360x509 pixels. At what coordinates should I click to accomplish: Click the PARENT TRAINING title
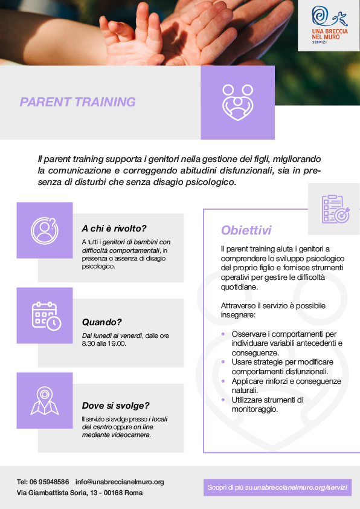77,102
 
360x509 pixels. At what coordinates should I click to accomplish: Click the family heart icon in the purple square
238,102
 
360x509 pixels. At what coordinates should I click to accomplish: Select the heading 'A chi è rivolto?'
114,229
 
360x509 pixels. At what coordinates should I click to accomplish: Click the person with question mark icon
45,230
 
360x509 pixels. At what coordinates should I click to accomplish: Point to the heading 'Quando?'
101,322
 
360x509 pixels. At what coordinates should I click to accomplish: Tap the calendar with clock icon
47,316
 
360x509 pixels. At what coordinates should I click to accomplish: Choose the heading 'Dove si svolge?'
115,406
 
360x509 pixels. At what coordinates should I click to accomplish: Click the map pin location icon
45,401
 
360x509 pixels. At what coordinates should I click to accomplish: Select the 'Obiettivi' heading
246,230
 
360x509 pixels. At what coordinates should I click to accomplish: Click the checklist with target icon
336,209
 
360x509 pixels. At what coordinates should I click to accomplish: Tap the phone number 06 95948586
50,482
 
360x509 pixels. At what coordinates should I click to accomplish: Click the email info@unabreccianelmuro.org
120,482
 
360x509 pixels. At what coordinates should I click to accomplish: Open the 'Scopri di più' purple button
278,487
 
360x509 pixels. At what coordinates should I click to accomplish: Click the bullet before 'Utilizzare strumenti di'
223,400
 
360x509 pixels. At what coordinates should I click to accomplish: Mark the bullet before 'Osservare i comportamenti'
223,334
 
